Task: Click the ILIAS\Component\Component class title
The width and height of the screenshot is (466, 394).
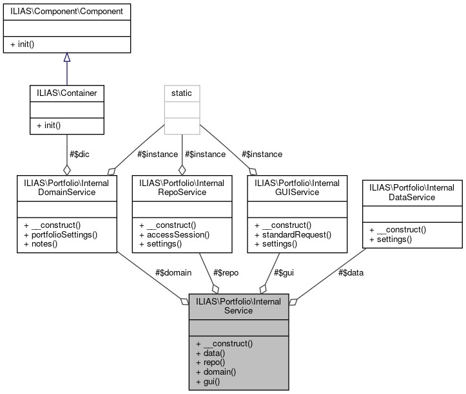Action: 67,11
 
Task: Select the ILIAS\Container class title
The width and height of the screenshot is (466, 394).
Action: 66,93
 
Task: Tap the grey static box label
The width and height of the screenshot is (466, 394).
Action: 182,93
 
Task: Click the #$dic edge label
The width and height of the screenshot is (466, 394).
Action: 82,154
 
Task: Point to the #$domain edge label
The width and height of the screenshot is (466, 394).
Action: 173,272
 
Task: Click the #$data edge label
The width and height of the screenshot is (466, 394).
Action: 351,272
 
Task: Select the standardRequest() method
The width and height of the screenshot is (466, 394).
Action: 293,235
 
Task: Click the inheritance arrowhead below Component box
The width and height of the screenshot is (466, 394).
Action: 67,57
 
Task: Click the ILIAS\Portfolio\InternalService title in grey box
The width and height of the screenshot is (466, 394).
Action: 238,305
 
